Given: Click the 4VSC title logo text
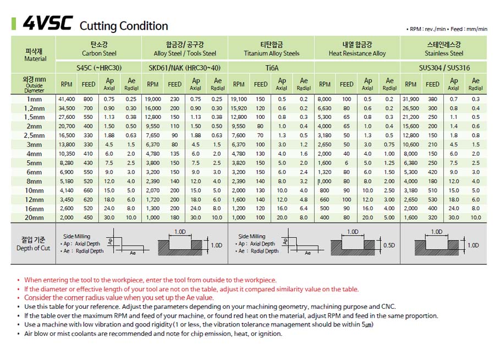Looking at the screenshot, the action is (x=48, y=23).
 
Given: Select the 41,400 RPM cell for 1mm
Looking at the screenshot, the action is (x=67, y=99).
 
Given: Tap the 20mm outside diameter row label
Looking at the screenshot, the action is (x=34, y=218).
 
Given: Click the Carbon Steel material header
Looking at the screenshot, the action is (x=99, y=53).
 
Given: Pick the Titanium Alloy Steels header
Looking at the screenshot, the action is (x=272, y=53).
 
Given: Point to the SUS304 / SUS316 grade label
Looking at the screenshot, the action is (x=444, y=68).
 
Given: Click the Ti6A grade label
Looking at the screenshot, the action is (x=272, y=68).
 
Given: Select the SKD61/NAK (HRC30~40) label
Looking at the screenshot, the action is (x=184, y=68).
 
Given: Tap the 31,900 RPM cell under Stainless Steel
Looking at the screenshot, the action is (x=411, y=99).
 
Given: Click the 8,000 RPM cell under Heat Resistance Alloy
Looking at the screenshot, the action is (x=324, y=99).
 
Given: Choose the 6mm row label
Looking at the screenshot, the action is (x=34, y=172).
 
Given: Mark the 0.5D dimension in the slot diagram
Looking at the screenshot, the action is (x=389, y=246).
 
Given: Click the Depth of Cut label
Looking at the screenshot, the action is (x=33, y=248).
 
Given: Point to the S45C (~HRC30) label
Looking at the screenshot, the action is (x=99, y=68).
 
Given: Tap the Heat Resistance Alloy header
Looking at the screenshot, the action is (x=358, y=53).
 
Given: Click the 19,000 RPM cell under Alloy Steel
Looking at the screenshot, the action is (x=153, y=99).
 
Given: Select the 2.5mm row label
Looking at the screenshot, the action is (x=34, y=135).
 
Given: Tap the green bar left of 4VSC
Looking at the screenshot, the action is (x=14, y=24).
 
